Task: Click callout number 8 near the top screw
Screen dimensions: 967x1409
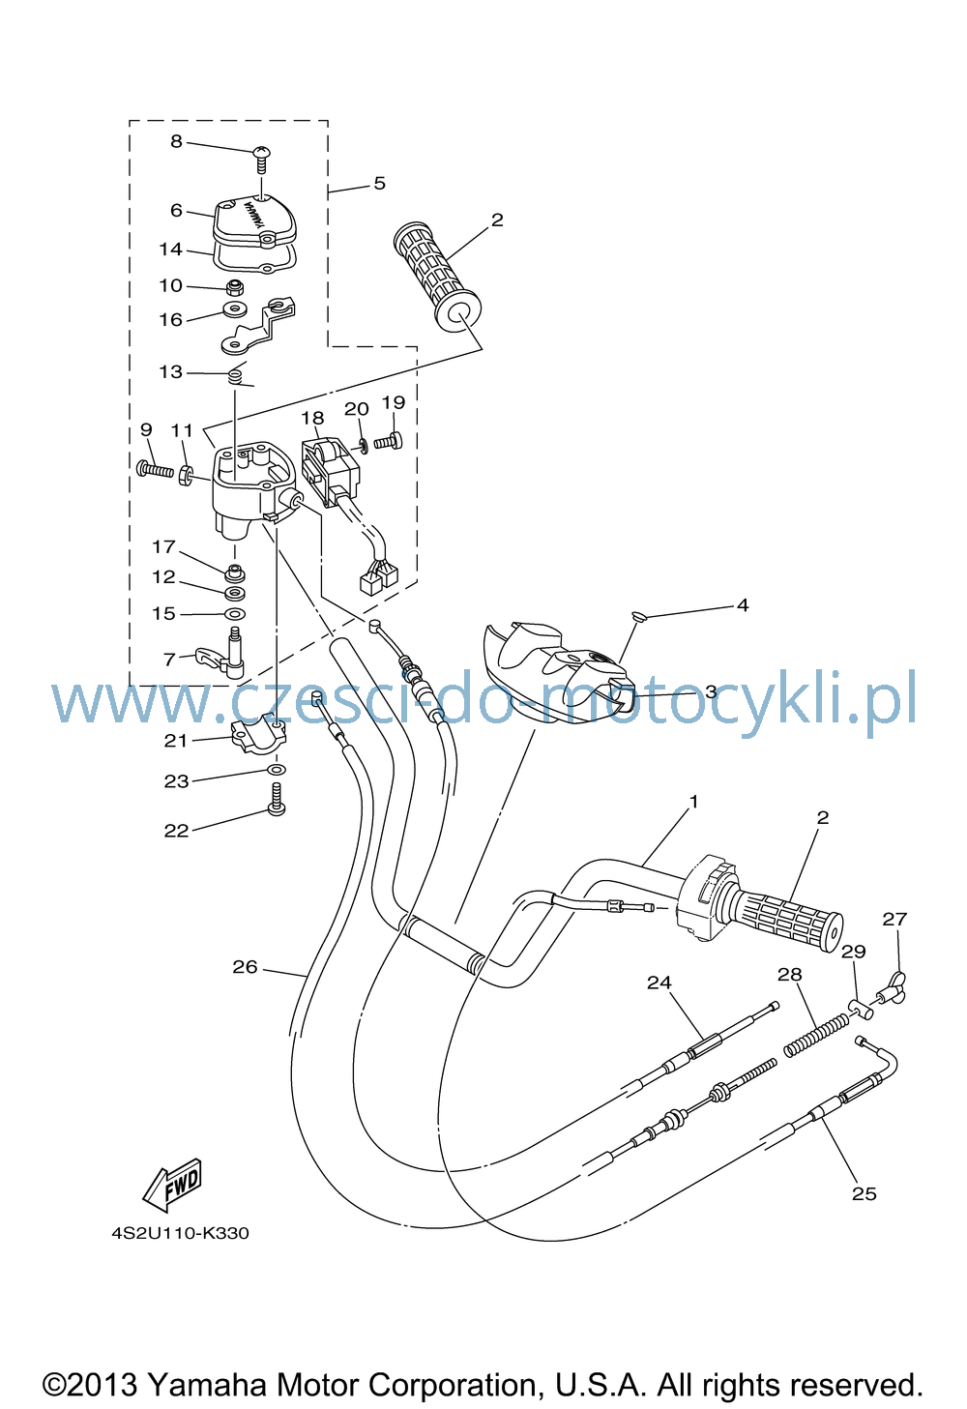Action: pyautogui.click(x=176, y=141)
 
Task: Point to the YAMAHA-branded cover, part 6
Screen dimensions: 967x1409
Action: pyautogui.click(x=255, y=220)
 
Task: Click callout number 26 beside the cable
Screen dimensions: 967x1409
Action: pyautogui.click(x=245, y=966)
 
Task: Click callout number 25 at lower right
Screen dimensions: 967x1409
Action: pyautogui.click(x=864, y=1193)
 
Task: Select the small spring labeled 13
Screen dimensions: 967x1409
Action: pyautogui.click(x=235, y=376)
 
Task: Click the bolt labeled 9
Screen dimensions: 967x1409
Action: pyautogui.click(x=155, y=468)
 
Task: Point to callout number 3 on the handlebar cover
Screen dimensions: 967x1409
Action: pyautogui.click(x=711, y=691)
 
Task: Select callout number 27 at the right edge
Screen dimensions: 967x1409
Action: pyautogui.click(x=894, y=919)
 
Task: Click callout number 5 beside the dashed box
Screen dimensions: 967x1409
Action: pyautogui.click(x=379, y=183)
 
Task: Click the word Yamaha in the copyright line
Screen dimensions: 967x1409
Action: pyautogui.click(x=209, y=1385)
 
